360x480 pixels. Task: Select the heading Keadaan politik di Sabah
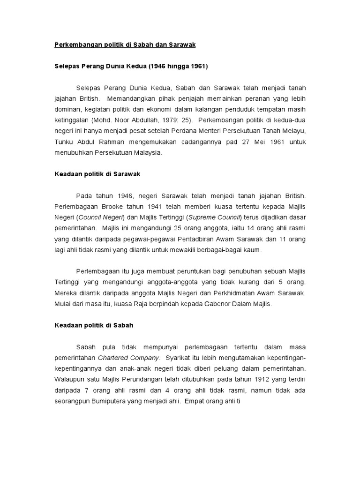point(92,325)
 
